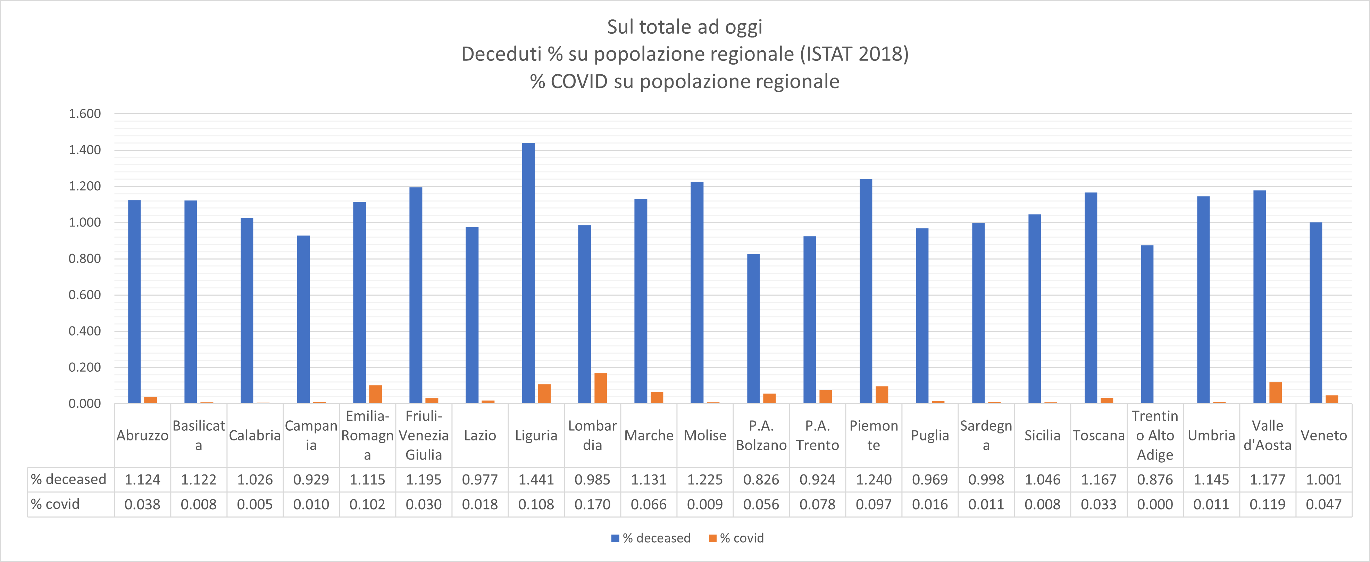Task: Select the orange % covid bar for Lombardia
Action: tap(600, 389)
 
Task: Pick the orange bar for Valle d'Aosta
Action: tap(1275, 393)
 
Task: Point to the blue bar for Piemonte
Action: tap(866, 291)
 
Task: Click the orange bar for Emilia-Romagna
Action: tap(375, 394)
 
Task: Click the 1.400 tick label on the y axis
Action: tap(85, 150)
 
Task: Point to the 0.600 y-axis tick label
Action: tap(85, 295)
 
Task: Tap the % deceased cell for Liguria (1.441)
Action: tap(536, 480)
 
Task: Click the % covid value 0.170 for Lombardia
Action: tap(592, 505)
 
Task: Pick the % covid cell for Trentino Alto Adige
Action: tap(1155, 505)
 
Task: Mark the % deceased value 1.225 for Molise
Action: tap(705, 480)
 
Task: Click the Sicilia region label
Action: tap(1042, 435)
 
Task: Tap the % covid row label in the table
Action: tap(55, 505)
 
